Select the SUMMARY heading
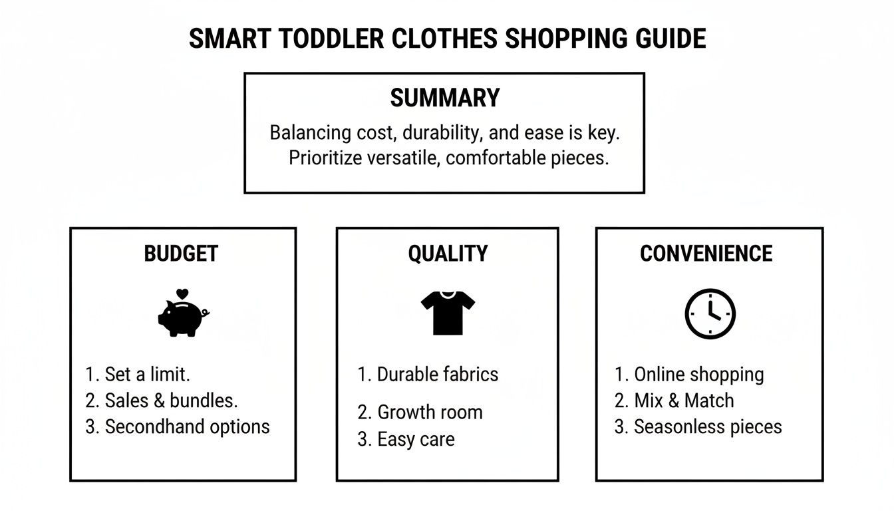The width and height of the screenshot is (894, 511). tap(444, 98)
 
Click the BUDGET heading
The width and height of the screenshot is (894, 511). tap(181, 254)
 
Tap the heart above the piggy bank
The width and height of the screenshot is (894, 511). tap(184, 293)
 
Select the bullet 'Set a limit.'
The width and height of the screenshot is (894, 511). tap(138, 374)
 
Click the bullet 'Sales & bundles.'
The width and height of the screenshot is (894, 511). tap(162, 401)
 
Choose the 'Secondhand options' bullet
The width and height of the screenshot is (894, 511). tap(178, 426)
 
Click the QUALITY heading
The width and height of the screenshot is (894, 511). tap(448, 254)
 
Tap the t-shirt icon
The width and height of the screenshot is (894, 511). tap(448, 313)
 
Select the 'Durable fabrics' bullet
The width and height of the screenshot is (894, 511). tap(428, 374)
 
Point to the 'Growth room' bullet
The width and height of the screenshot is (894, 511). tap(420, 413)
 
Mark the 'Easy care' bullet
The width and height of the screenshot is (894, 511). tap(406, 439)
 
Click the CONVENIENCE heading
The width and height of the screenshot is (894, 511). tap(706, 254)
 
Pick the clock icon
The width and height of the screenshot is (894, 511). tap(710, 313)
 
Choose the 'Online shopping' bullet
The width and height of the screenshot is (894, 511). tap(689, 374)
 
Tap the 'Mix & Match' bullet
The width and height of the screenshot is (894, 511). tap(674, 401)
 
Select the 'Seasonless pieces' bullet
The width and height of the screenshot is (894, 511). tap(698, 426)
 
